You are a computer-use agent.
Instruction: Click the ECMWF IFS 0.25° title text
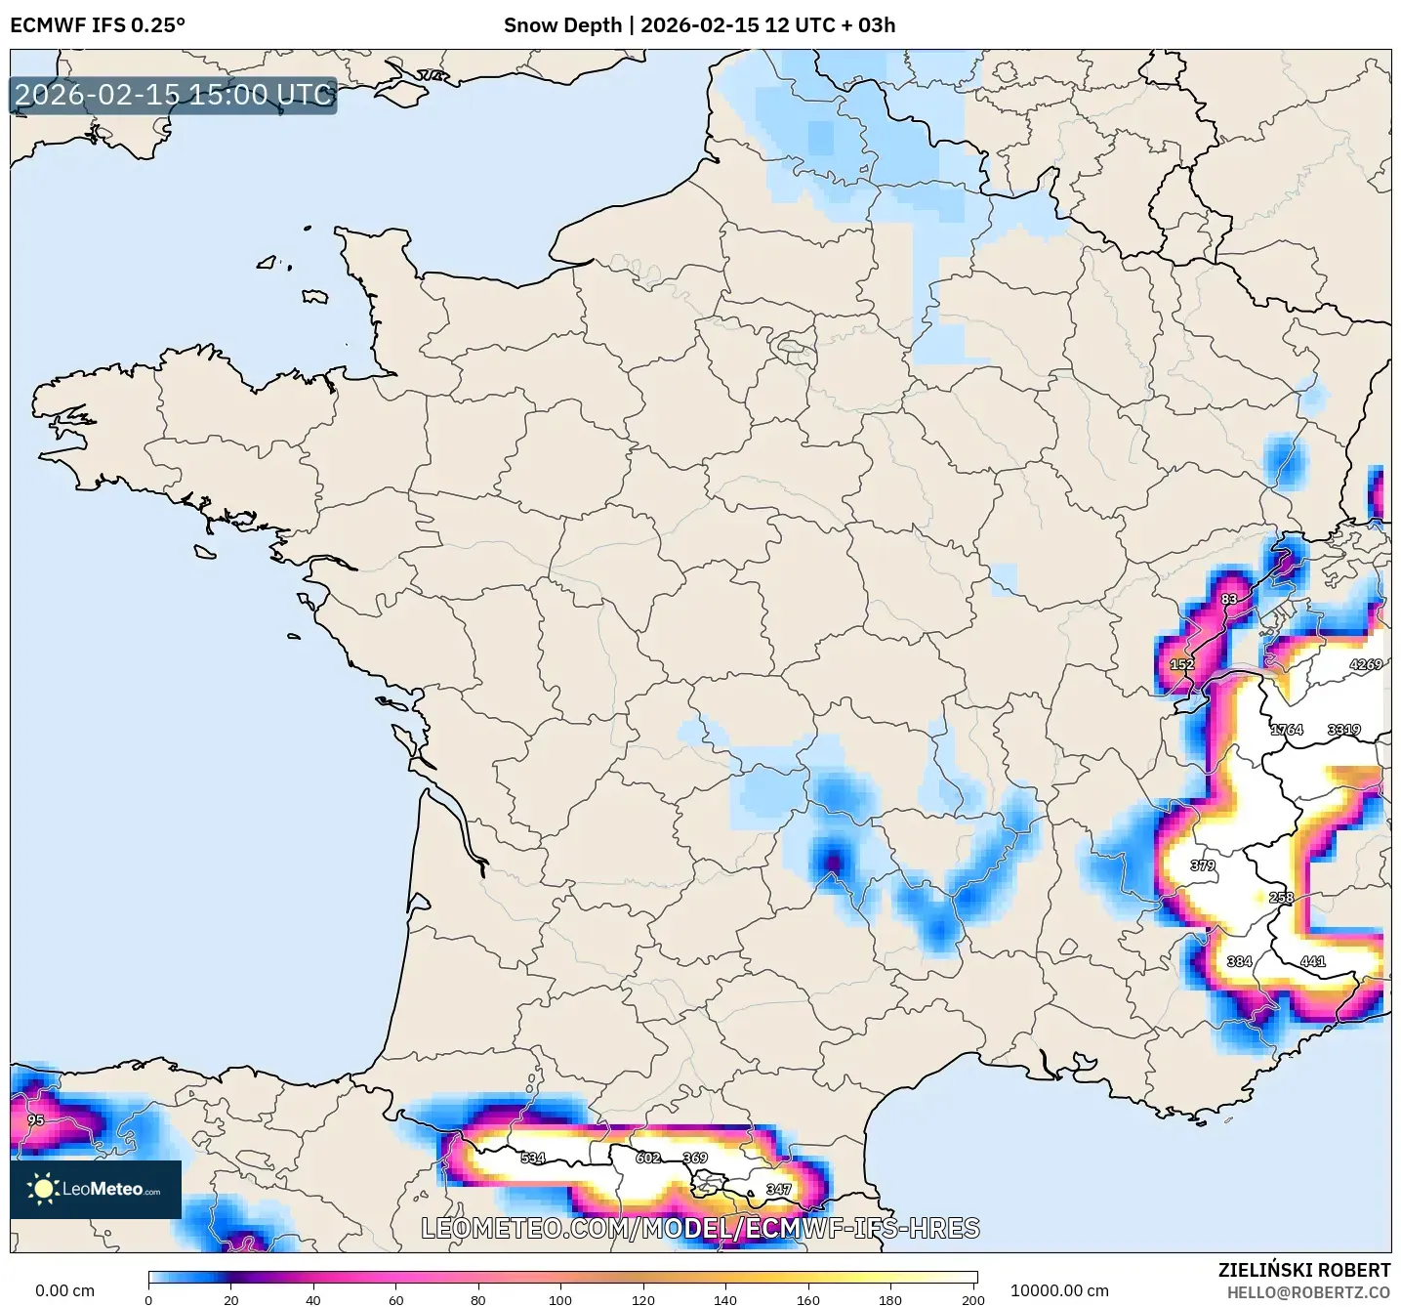point(98,25)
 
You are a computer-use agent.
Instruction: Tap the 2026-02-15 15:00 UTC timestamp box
point(174,95)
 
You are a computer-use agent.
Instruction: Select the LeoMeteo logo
point(96,1189)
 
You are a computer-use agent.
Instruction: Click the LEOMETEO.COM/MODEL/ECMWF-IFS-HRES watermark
point(700,1228)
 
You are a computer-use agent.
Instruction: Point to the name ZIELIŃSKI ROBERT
point(1304,1270)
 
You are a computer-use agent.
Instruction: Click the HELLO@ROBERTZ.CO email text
point(1308,1292)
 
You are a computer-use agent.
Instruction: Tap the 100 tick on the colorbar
point(560,1299)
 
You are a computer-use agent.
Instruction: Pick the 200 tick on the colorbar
point(972,1299)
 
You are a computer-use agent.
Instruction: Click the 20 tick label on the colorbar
point(230,1299)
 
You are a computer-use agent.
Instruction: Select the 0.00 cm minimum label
point(65,1290)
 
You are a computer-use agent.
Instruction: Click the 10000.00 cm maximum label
point(1059,1290)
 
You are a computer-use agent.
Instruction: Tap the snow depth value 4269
point(1365,664)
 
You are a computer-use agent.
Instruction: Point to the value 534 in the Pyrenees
point(533,1158)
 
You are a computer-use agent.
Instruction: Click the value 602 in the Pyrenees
point(648,1158)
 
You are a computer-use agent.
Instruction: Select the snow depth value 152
point(1182,664)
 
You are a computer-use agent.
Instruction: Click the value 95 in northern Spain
point(36,1119)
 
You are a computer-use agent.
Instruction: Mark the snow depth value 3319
point(1343,730)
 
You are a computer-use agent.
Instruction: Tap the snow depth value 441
point(1313,961)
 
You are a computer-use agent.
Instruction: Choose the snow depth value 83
point(1229,599)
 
